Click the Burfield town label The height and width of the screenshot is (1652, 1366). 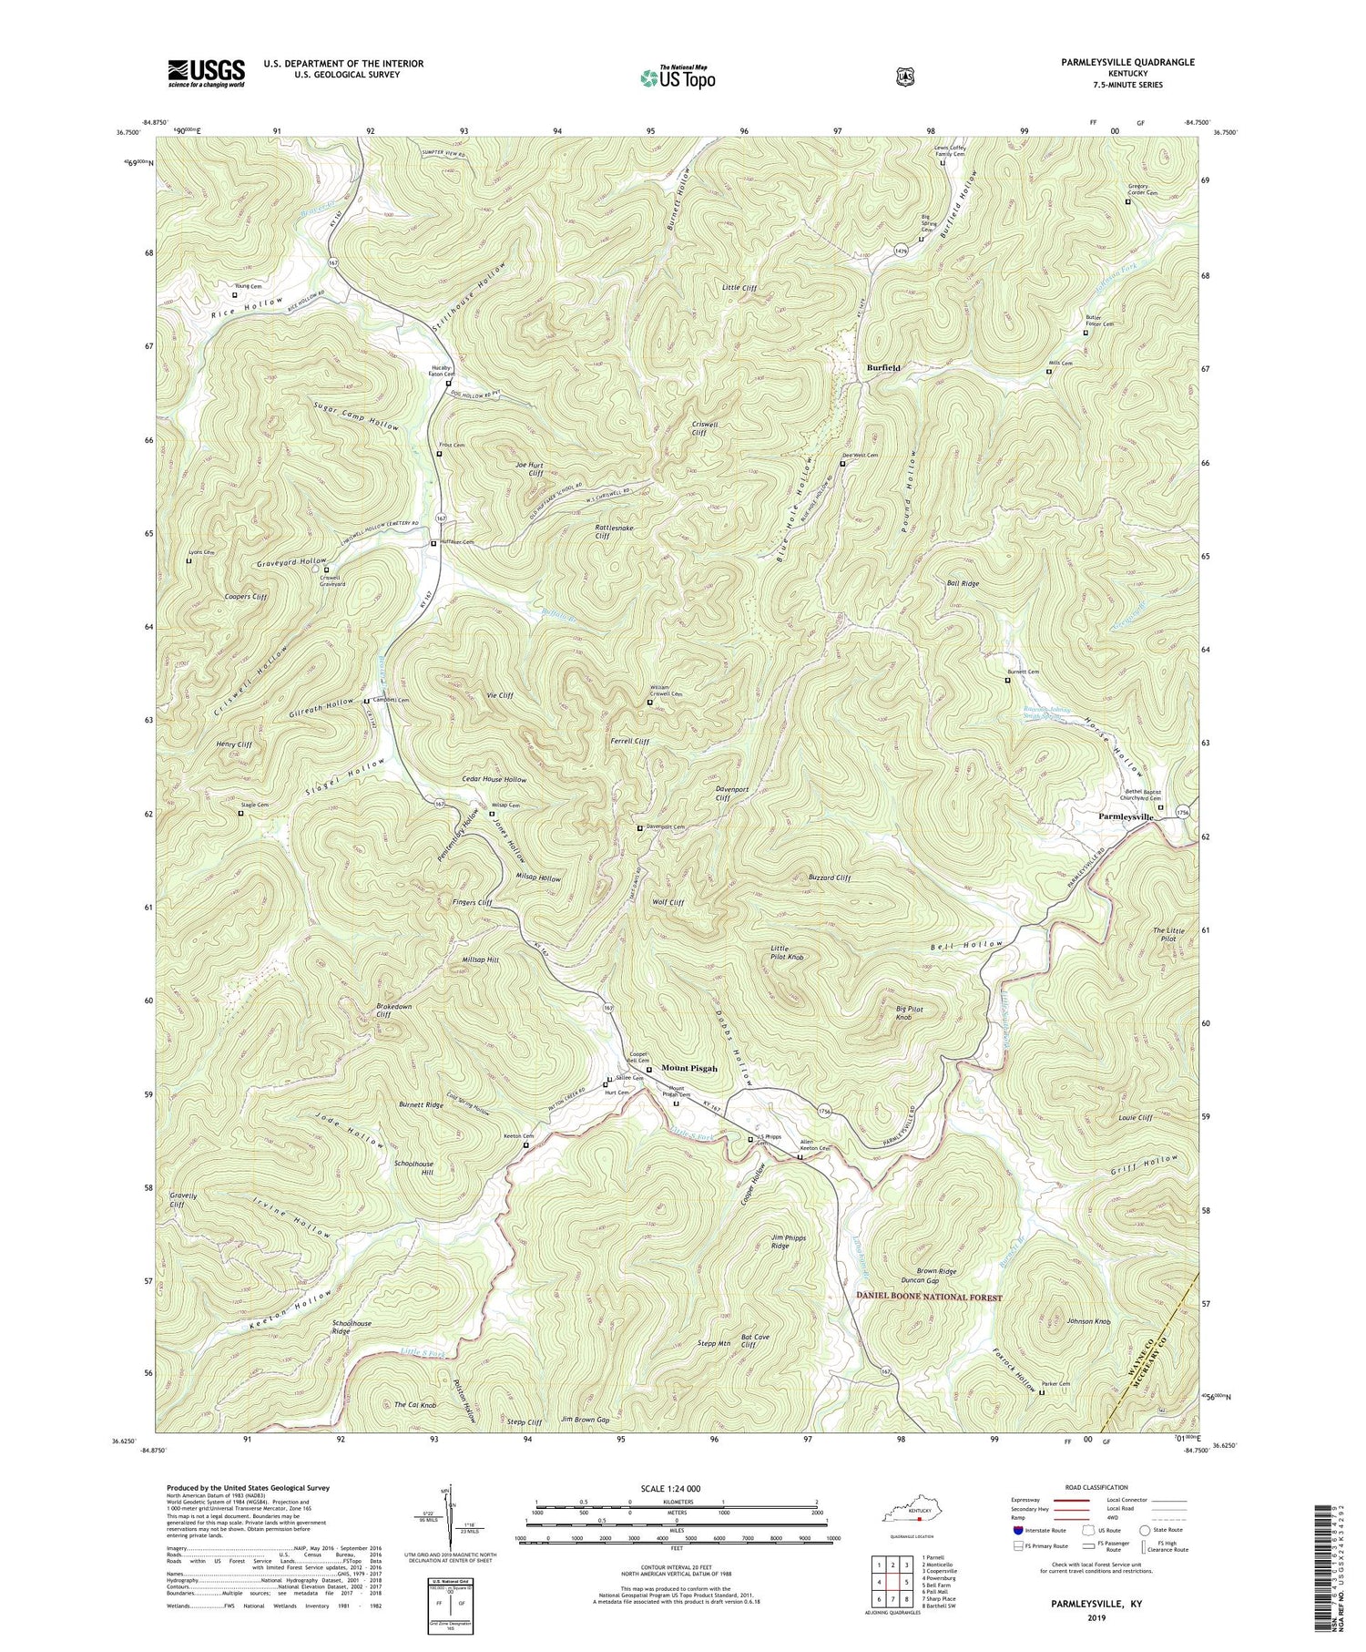point(883,368)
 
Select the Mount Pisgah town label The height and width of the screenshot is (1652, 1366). point(689,1068)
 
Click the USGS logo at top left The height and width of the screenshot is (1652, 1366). point(206,73)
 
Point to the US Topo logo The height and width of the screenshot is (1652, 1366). point(678,77)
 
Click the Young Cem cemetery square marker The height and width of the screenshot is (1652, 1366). point(234,295)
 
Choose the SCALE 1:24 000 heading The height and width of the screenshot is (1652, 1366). point(677,1488)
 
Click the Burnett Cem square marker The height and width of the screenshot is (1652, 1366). point(1007,681)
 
